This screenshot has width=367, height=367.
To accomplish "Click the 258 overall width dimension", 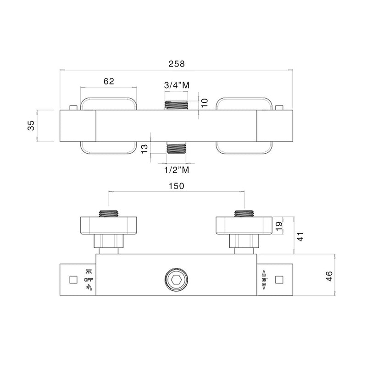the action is click(177, 64).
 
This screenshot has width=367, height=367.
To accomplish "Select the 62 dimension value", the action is click(109, 81).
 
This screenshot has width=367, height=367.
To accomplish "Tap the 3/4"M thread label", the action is click(177, 85).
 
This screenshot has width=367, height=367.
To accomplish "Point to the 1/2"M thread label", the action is click(177, 170).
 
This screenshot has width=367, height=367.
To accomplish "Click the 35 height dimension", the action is click(31, 125).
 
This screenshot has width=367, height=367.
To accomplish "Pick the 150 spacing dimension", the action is click(177, 186).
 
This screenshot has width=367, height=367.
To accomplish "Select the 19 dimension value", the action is click(279, 226).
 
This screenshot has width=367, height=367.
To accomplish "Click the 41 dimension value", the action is click(300, 236).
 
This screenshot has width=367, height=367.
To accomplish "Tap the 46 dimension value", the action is click(329, 276).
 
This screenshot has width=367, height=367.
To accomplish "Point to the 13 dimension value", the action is click(145, 149).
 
